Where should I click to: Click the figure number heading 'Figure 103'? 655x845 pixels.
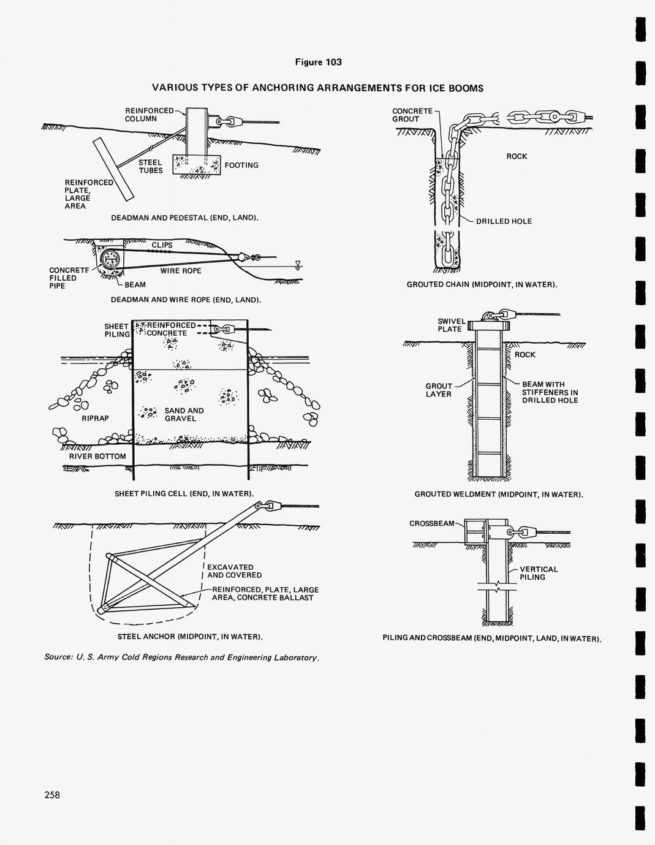319,63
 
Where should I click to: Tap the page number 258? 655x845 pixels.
52,795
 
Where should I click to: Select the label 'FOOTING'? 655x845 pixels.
241,165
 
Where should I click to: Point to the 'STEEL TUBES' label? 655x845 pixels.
151,167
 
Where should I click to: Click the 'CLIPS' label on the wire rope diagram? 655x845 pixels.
162,245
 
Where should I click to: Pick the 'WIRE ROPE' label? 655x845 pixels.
181,271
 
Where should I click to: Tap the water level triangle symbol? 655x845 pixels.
298,265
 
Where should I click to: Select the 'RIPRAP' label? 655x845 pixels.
95,419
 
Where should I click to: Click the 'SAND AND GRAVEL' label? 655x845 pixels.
184,414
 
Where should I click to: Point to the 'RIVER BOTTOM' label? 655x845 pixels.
97,456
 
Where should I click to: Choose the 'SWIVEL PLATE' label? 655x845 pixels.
452,325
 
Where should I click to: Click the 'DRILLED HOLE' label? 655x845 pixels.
504,221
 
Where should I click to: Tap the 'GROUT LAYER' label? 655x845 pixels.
439,390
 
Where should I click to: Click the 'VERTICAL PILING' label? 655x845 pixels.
539,573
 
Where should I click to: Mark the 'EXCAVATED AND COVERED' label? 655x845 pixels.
235,571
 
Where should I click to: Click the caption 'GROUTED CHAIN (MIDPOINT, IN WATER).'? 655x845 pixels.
482,285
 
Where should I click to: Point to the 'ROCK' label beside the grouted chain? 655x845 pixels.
517,156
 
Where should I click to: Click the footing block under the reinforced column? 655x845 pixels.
197,165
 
